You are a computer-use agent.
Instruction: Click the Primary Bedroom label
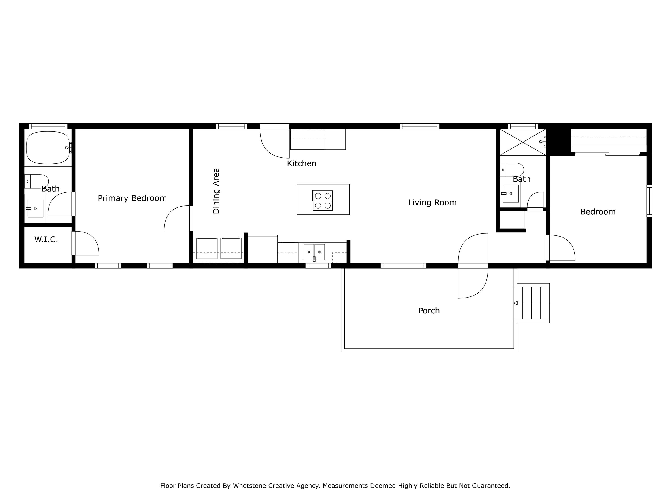[x=132, y=198]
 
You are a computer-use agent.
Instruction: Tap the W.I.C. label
[x=46, y=239]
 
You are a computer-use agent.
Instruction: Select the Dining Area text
[x=216, y=191]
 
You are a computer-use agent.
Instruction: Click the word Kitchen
[x=302, y=164]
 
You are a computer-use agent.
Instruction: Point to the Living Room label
[x=432, y=203]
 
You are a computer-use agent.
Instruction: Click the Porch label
[x=429, y=311]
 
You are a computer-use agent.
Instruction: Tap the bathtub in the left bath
[x=48, y=148]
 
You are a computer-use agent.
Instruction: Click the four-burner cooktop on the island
[x=323, y=200]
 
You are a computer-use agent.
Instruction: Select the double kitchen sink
[x=314, y=252]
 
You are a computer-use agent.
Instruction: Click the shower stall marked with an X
[x=522, y=142]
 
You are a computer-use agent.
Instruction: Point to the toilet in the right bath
[x=513, y=170]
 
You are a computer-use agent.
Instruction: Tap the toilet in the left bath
[x=37, y=181]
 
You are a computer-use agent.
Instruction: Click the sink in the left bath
[x=35, y=209]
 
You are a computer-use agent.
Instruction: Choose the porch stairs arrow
[x=516, y=303]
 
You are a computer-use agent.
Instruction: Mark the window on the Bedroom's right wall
[x=649, y=201]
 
